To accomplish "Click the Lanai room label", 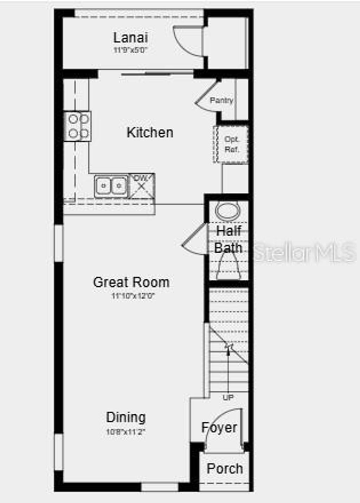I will tap(130, 38).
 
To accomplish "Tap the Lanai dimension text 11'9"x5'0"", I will tap(130, 50).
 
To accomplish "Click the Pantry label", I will tap(221, 100).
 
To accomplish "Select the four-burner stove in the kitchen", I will tap(78, 126).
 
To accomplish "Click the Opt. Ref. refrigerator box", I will tap(231, 144).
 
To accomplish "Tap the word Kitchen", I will tap(150, 133).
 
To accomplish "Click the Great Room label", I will tap(131, 282).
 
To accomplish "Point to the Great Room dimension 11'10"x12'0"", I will tap(133, 296).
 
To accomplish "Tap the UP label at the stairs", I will tap(228, 398).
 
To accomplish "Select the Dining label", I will tap(126, 418).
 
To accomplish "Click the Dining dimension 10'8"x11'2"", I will tap(126, 432).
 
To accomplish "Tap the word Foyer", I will tap(219, 428).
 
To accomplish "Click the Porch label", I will tap(225, 469).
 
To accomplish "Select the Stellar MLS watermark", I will tap(304, 252).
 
